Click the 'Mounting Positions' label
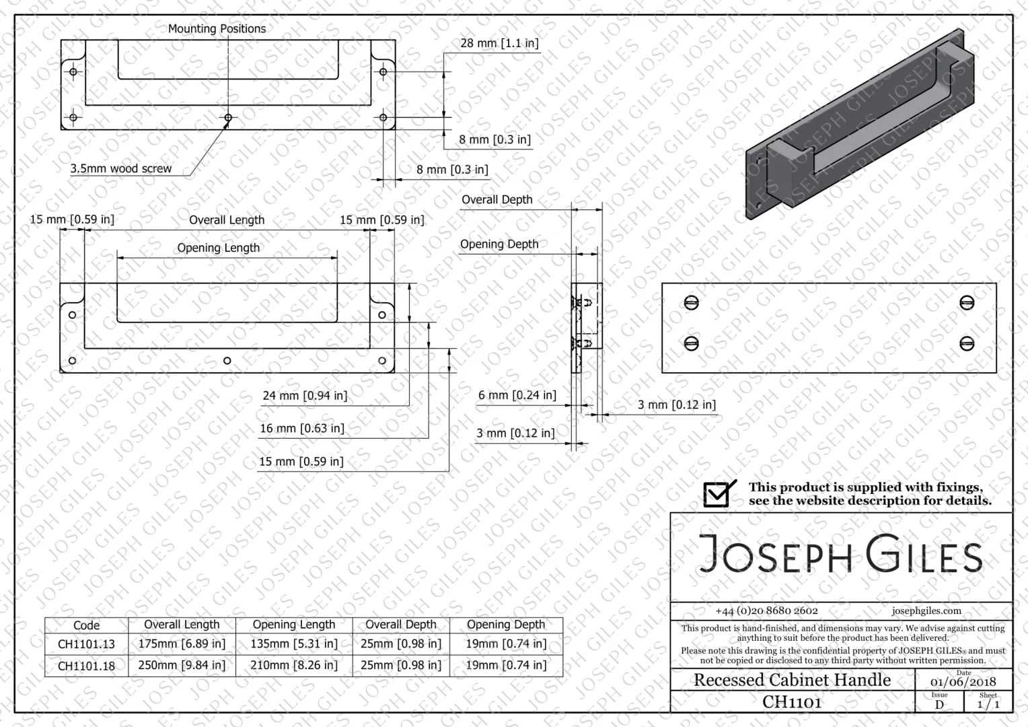pyautogui.click(x=217, y=28)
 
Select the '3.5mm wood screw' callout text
pyautogui.click(x=120, y=168)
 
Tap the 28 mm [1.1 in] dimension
pyautogui.click(x=499, y=43)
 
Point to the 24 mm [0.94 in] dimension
pyautogui.click(x=305, y=395)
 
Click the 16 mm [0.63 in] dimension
pyautogui.click(x=302, y=429)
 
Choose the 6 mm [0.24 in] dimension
pyautogui.click(x=517, y=395)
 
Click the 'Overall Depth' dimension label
pyautogui.click(x=497, y=200)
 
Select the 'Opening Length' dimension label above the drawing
pyautogui.click(x=219, y=248)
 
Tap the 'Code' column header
pyautogui.click(x=86, y=625)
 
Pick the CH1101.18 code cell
pyautogui.click(x=86, y=666)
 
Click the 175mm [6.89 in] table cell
pyautogui.click(x=182, y=644)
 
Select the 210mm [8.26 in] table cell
pyautogui.click(x=294, y=665)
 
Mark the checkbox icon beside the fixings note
pyautogui.click(x=719, y=493)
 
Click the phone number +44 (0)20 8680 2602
pyautogui.click(x=766, y=611)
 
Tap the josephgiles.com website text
pyautogui.click(x=926, y=611)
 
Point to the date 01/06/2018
pyautogui.click(x=963, y=682)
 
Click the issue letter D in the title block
pyautogui.click(x=939, y=705)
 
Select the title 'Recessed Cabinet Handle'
pyautogui.click(x=792, y=680)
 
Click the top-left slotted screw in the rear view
pyautogui.click(x=691, y=303)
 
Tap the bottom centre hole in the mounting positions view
pyautogui.click(x=228, y=118)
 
